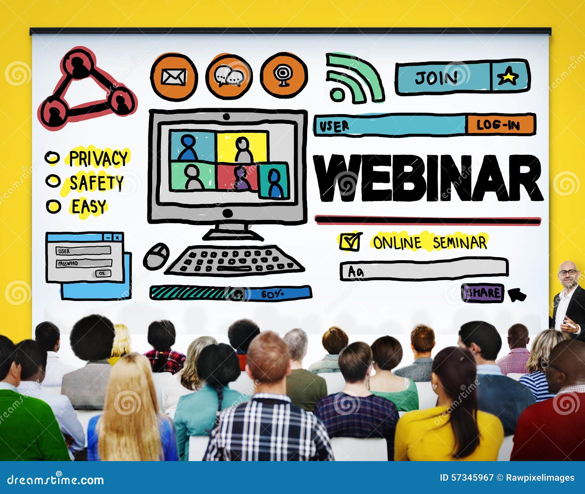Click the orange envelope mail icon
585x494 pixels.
click(x=174, y=77)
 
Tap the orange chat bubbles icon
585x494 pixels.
click(x=229, y=77)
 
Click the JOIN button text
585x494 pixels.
click(x=436, y=78)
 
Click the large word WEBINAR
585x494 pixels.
click(x=428, y=178)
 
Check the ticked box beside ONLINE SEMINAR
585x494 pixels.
click(x=350, y=242)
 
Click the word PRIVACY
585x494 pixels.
click(x=98, y=158)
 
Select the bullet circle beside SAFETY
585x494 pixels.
click(x=53, y=181)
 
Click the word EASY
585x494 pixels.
click(x=89, y=207)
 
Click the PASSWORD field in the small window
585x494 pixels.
click(x=84, y=263)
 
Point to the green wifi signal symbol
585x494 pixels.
click(x=353, y=79)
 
